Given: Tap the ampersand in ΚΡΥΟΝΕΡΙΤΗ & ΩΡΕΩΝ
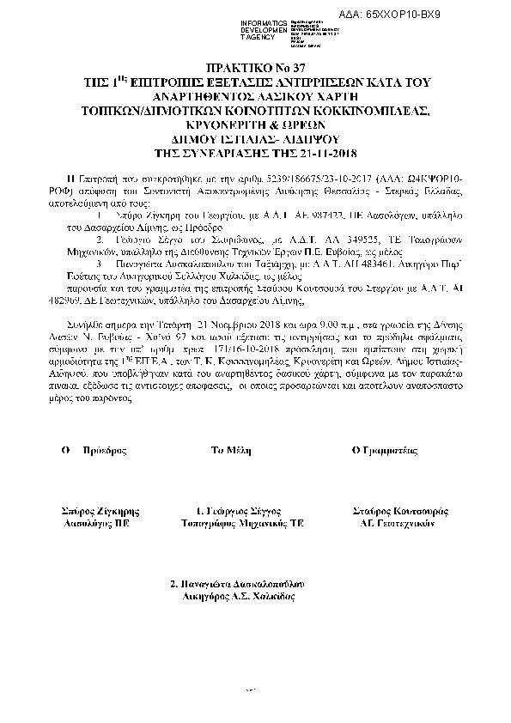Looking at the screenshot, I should tap(259, 126).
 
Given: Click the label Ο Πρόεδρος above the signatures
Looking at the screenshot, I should tap(88, 450).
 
